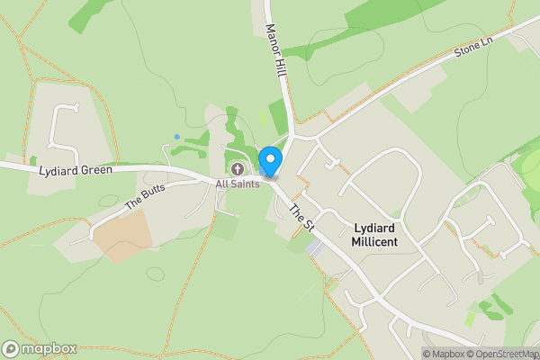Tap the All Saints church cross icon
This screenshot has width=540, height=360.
coord(238,169)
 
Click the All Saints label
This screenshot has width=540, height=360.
coord(238,184)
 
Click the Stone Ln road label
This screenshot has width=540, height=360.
coord(474,48)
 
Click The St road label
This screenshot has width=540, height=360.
coord(299,218)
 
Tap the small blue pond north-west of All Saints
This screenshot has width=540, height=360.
coord(176,136)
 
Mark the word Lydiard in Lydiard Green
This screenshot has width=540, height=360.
coord(55,170)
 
